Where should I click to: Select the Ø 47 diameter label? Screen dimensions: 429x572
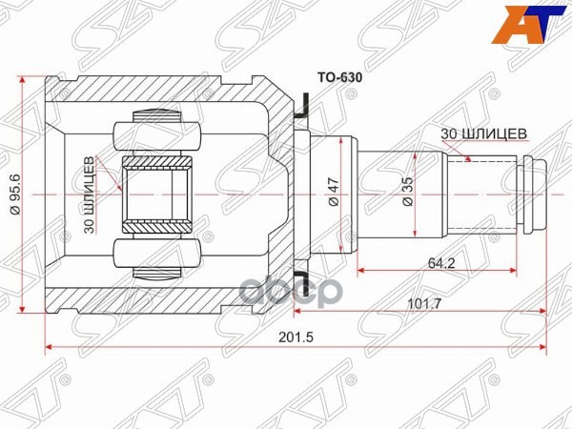point(332,193)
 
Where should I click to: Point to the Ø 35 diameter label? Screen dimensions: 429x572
point(405,193)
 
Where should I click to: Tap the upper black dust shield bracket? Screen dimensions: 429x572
point(302,106)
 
